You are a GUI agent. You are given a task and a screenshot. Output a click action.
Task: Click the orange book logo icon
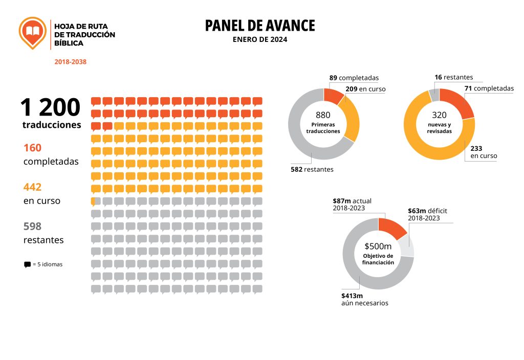[x=32, y=33]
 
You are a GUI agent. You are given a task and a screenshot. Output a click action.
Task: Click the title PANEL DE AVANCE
[x=260, y=26]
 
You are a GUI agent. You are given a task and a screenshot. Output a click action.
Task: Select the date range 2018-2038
[x=71, y=62]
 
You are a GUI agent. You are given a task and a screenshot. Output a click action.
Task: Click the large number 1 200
[x=50, y=108]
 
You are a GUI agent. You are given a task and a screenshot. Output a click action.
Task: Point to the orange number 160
[x=32, y=148]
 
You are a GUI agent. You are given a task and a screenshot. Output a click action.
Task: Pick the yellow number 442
[x=32, y=187]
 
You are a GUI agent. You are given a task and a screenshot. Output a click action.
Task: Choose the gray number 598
[x=32, y=226]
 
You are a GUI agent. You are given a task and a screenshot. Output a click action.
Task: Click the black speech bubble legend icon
[x=27, y=265]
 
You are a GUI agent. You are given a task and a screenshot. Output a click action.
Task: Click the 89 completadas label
[x=354, y=78]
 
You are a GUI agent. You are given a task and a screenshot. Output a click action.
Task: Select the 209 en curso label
[x=365, y=89]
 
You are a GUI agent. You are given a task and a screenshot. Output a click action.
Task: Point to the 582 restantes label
[x=312, y=169]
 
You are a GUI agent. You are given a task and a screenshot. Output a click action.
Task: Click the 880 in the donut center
[x=323, y=115]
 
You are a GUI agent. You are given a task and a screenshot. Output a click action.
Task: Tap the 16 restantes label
[x=453, y=78]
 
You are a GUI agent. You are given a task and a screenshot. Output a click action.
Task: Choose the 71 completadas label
[x=489, y=88]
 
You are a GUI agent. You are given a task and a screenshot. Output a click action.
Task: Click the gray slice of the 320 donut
[x=434, y=95]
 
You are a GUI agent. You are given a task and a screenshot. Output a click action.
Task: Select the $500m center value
[x=378, y=246]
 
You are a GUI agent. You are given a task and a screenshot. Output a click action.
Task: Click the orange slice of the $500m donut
[x=391, y=228]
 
